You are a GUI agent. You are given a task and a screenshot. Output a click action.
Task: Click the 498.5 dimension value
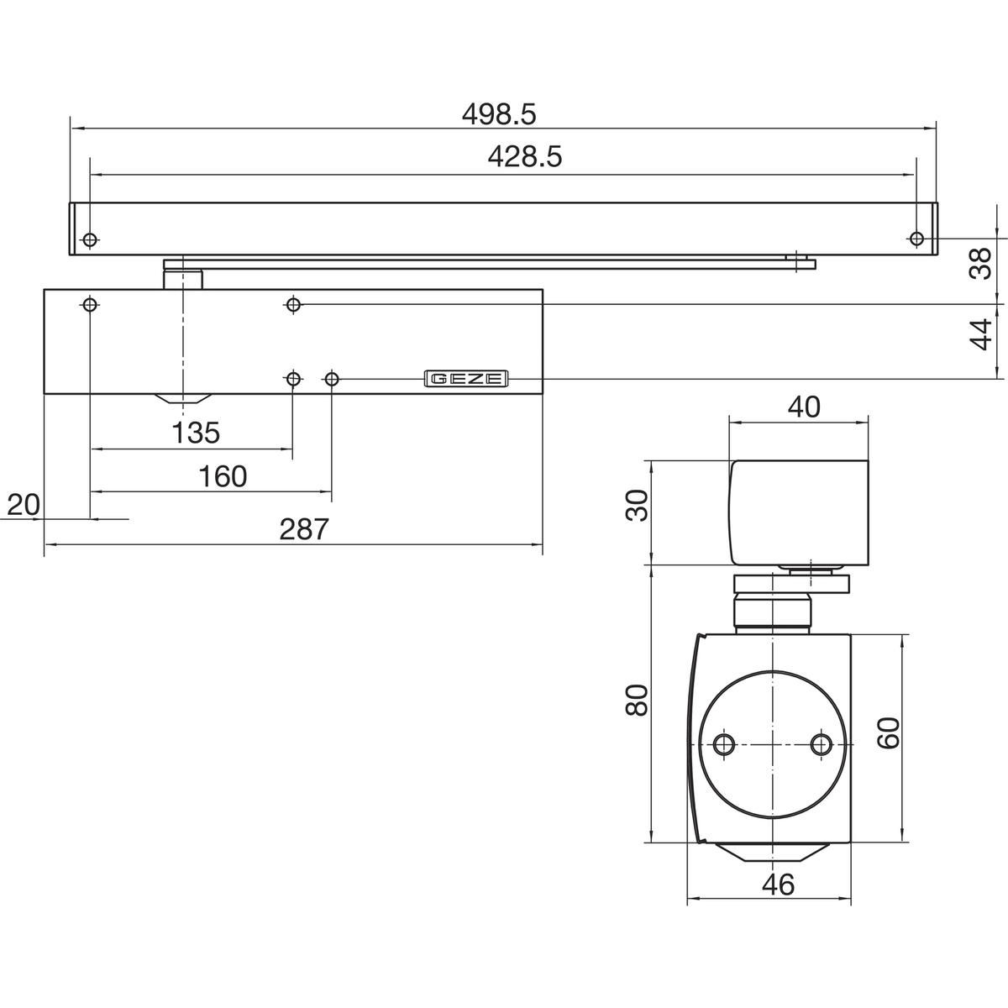(x=499, y=114)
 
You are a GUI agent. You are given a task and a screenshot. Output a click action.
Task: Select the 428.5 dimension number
(x=525, y=156)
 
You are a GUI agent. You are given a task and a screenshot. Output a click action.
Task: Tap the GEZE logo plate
(x=466, y=378)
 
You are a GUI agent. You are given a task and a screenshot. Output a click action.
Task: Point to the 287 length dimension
(x=304, y=529)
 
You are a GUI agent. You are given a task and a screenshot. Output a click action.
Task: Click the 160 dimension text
(x=223, y=476)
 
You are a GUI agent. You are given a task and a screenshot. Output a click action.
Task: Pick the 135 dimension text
(x=196, y=433)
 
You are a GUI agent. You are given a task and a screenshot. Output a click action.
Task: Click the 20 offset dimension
(x=24, y=505)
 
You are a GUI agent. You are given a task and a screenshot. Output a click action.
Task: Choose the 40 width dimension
(x=804, y=407)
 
